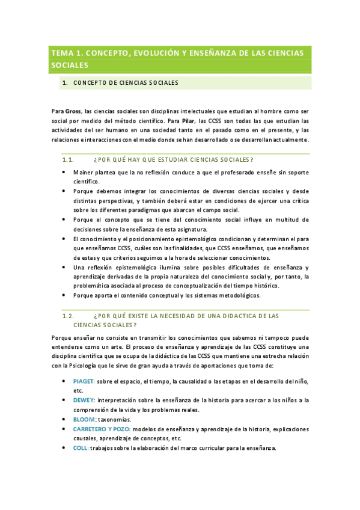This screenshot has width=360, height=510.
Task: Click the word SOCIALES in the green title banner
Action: [x=70, y=65]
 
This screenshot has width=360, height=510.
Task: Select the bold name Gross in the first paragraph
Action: [x=74, y=111]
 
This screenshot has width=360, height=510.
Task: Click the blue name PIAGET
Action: [x=84, y=381]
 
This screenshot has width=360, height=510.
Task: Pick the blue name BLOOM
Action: [x=84, y=419]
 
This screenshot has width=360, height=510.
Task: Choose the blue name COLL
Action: [x=81, y=448]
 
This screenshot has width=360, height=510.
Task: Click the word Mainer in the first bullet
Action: [x=84, y=171]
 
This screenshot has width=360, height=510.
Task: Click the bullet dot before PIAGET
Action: [x=65, y=381]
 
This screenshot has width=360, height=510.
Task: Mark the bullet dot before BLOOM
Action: [x=65, y=419]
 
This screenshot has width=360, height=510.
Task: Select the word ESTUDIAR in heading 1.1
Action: [x=170, y=159]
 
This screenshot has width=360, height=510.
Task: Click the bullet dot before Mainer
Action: [x=65, y=171]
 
